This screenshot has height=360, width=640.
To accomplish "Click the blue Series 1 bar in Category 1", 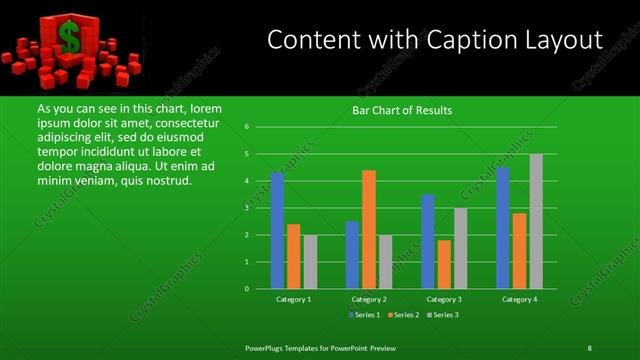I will tap(277, 230).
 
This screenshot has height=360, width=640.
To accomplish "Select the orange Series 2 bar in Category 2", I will tap(369, 229).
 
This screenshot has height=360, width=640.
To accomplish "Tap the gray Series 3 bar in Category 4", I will tap(536, 221).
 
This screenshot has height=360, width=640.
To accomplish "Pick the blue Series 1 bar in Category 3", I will tap(428, 241).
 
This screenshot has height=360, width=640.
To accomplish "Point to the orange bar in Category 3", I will tap(444, 264).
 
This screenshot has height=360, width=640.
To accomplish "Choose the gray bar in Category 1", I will tap(309, 262).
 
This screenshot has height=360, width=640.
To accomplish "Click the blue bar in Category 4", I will tap(503, 227).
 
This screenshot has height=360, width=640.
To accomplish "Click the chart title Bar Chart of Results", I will tap(401, 110).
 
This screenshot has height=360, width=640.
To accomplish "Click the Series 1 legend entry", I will tap(362, 315).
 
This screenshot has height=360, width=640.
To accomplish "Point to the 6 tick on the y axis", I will tap(246, 127).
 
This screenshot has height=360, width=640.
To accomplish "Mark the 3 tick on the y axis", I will tap(246, 208).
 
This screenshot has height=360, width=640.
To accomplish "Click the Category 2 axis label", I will tap(369, 299).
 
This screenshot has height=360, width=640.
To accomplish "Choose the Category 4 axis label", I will tap(519, 299).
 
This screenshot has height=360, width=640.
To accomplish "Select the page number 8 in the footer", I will tap(589, 347).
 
